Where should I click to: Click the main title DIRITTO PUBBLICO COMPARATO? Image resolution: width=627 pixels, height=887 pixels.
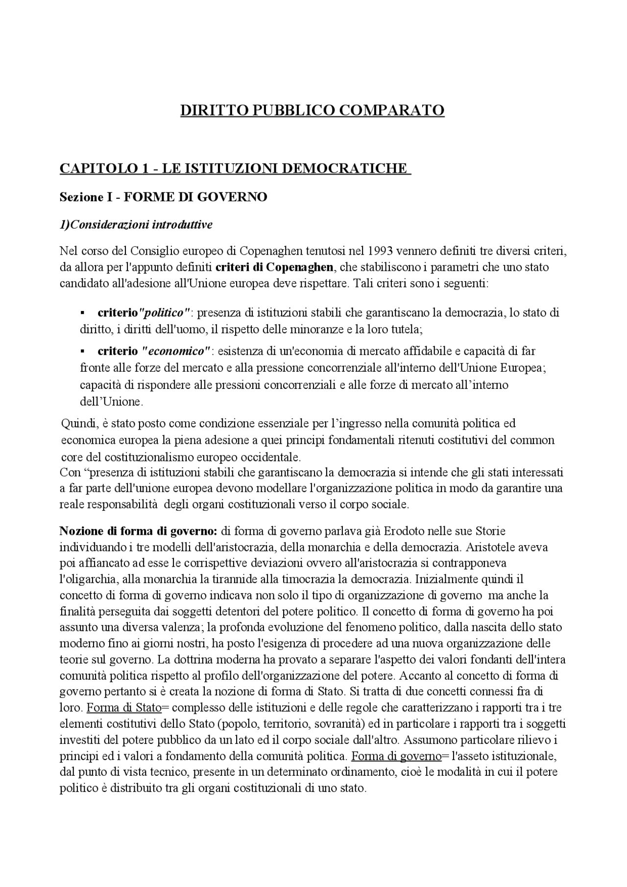coord(313,110)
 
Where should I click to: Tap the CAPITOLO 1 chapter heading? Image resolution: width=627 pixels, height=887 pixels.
coord(235,168)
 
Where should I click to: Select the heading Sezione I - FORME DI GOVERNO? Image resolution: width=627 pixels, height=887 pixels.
coord(163,197)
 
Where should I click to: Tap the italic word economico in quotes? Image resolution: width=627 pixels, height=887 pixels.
coord(176,351)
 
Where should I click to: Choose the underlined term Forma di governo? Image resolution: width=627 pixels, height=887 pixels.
coord(396,756)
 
